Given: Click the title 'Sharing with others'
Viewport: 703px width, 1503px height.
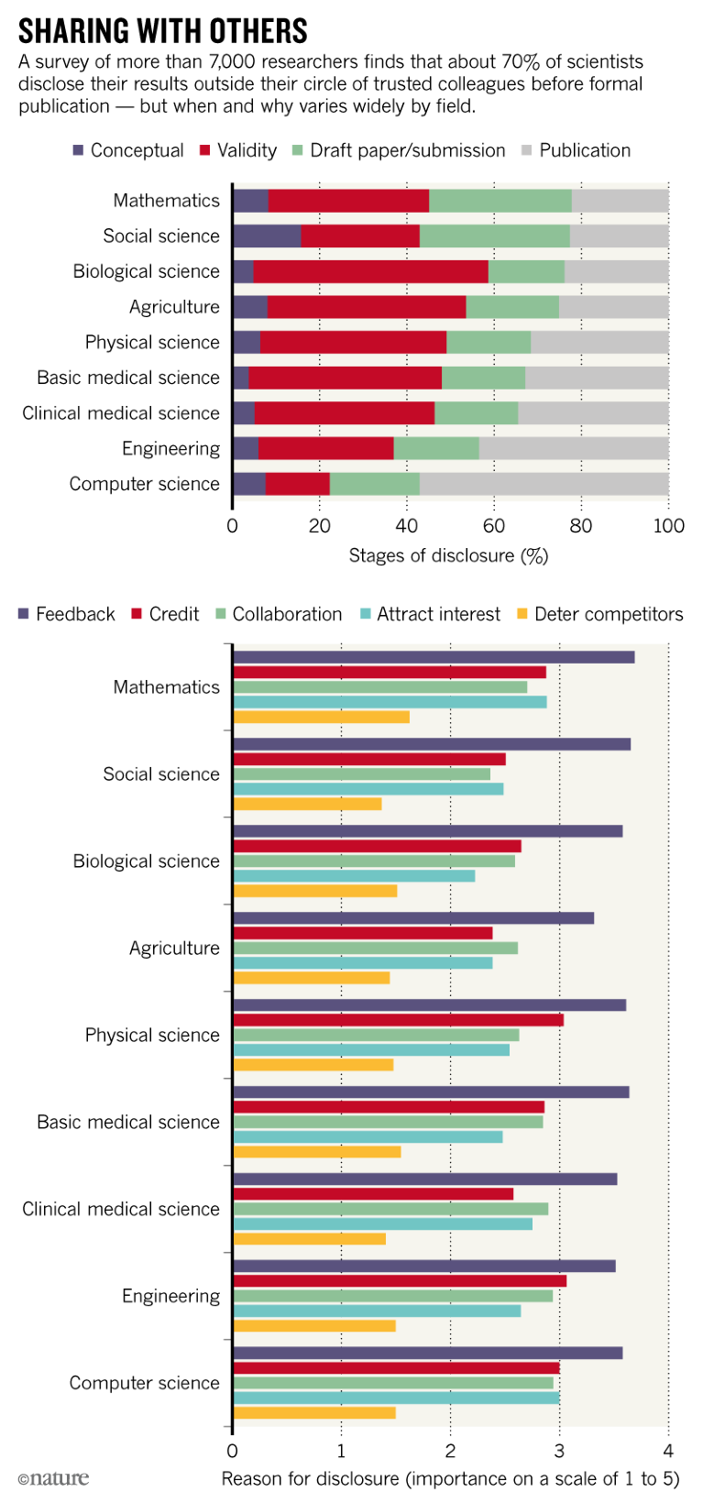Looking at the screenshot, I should point(163,31).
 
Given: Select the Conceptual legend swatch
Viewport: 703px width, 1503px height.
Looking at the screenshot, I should point(78,150).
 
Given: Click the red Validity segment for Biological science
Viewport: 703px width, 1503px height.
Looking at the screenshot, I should point(370,271).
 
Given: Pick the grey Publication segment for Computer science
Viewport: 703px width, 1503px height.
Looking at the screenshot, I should point(544,484).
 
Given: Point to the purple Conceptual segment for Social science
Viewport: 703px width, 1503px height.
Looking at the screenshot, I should point(267,236).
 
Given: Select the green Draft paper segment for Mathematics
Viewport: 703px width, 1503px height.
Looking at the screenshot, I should point(500,201).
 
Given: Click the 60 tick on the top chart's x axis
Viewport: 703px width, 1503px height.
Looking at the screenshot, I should point(494,525).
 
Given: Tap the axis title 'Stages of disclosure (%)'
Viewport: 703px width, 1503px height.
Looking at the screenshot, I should point(448,555).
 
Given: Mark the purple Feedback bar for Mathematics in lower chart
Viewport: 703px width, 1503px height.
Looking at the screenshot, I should point(434,657).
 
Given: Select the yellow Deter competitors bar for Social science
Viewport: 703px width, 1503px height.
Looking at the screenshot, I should point(307,804).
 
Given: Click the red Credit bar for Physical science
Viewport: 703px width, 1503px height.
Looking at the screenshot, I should point(398,1020).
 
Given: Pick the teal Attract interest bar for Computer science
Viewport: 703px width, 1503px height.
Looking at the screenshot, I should point(396,1398).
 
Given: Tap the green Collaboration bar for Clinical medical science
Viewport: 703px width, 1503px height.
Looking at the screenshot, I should point(390,1209).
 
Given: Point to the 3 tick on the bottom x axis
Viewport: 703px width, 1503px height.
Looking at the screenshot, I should point(559,1451).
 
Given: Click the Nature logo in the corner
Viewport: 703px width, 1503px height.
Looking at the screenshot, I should point(53,1478).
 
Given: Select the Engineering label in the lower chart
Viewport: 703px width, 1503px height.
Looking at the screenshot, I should point(170,1296).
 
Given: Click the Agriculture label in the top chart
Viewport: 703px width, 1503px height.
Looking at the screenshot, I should point(174,307).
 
